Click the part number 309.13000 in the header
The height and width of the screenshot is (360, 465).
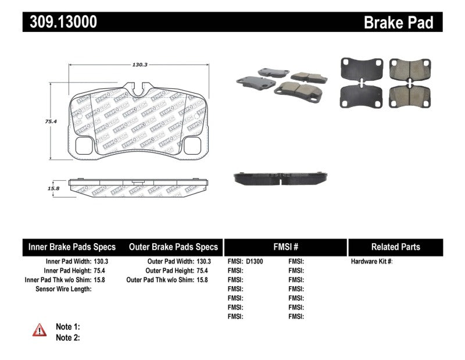pyautogui.click(x=60, y=22)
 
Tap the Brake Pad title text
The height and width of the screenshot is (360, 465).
pyautogui.click(x=398, y=22)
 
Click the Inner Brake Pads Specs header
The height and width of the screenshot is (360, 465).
pyautogui.click(x=72, y=247)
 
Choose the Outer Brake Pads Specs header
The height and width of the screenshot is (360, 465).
pyautogui.click(x=173, y=247)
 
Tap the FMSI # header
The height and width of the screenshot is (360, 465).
pyautogui.click(x=285, y=247)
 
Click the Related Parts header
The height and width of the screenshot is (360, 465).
pyautogui.click(x=395, y=247)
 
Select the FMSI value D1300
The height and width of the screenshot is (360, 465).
pyautogui.click(x=254, y=262)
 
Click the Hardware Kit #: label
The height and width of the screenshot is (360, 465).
pyautogui.click(x=372, y=262)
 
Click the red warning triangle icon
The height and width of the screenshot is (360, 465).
pyautogui.click(x=40, y=330)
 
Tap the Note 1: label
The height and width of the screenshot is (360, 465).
pyautogui.click(x=67, y=327)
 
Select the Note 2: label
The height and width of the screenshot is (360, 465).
pyautogui.click(x=67, y=337)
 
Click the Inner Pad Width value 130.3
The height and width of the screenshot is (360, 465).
pyautogui.click(x=101, y=262)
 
